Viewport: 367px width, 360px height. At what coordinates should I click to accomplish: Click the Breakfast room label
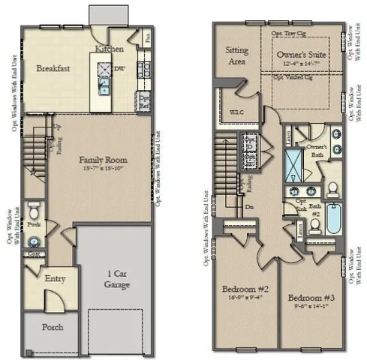(x=53, y=68)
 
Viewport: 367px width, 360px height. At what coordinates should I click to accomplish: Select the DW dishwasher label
(x=120, y=66)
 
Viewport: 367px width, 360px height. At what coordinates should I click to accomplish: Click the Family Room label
(x=104, y=160)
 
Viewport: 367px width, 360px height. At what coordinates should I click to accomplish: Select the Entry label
(x=56, y=279)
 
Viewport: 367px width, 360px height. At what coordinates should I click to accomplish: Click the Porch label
(x=53, y=327)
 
